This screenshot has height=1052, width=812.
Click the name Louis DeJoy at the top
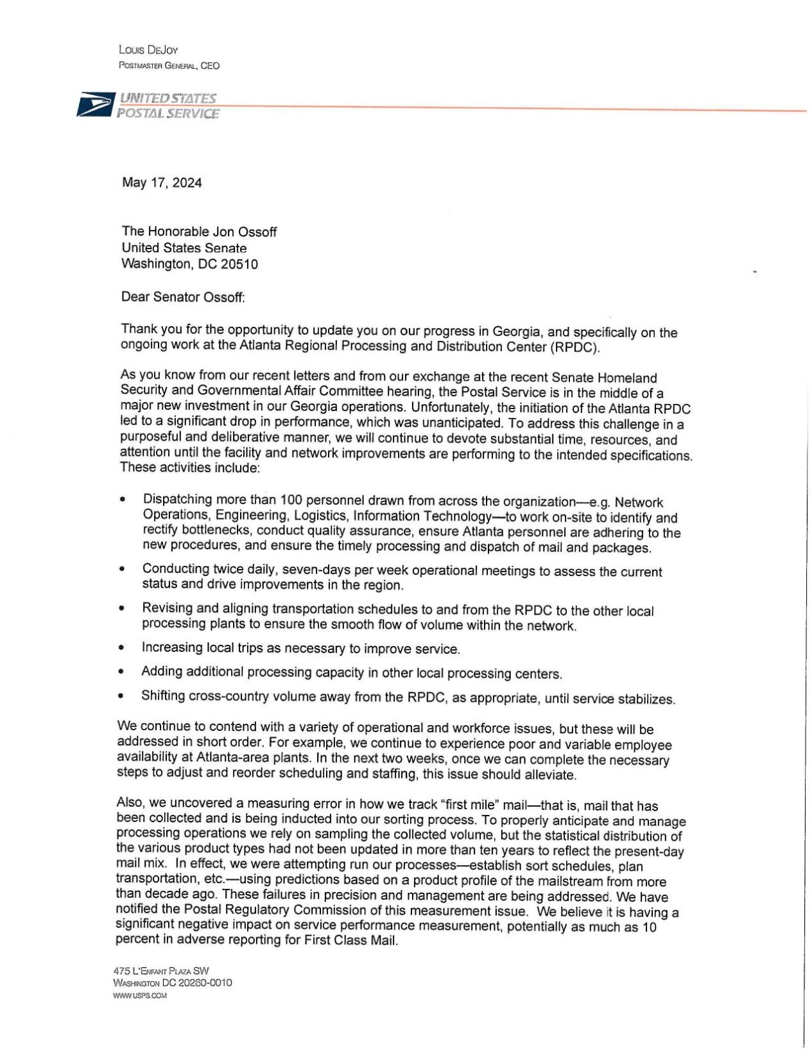point(148,50)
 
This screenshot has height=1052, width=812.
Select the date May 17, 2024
point(162,183)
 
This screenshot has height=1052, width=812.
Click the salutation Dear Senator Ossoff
point(183,297)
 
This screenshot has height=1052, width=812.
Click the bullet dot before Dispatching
point(123,499)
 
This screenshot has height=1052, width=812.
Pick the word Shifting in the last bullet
point(164,696)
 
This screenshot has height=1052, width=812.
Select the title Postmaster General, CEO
point(169,66)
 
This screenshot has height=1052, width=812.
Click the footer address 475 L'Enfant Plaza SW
point(160,971)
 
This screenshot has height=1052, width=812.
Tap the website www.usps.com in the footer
point(139,995)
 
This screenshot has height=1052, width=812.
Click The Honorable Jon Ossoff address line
point(199,232)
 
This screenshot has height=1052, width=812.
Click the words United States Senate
point(184,248)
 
